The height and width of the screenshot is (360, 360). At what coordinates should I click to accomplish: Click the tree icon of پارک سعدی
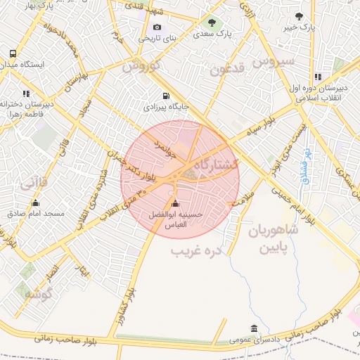tap(212, 22)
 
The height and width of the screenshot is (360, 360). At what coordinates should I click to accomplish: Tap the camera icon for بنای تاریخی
tap(157, 27)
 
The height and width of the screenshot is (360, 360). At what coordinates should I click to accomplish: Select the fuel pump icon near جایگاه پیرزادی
tap(166, 96)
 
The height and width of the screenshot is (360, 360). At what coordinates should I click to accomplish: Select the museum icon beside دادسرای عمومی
tap(254, 329)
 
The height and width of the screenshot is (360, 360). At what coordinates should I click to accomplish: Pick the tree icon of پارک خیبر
tap(300, 16)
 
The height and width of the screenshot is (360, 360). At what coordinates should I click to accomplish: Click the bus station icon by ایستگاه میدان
tap(13, 53)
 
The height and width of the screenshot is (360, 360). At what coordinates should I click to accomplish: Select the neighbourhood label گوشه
tap(39, 295)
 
